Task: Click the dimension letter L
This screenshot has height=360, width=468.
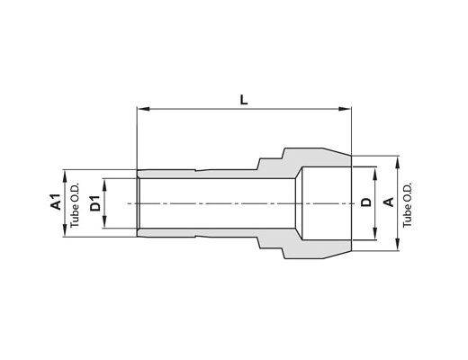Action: (x=244, y=100)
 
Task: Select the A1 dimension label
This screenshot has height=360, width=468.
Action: (x=56, y=202)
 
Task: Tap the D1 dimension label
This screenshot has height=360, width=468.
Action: (x=95, y=202)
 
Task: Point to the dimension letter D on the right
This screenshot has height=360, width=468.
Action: (x=366, y=202)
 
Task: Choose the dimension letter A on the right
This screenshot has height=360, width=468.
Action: (x=389, y=202)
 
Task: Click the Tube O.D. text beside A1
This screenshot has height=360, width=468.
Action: (x=75, y=204)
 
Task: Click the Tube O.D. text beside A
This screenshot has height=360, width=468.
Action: (x=407, y=204)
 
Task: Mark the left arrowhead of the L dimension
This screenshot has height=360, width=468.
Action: (x=143, y=109)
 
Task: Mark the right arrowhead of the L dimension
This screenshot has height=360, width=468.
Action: (x=345, y=109)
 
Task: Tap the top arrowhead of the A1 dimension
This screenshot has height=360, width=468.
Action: (x=65, y=175)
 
